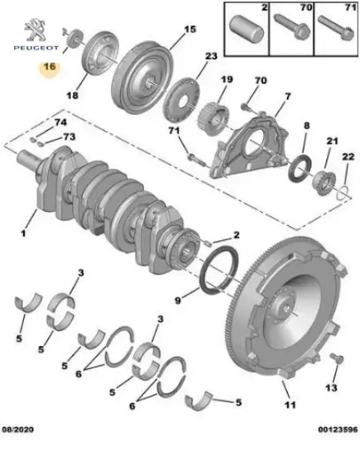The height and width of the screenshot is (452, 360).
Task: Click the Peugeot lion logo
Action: [35, 30]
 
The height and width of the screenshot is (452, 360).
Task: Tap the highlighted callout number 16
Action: [49, 67]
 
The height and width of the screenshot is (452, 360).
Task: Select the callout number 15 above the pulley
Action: [190, 30]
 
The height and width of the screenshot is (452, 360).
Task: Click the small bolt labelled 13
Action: [337, 358]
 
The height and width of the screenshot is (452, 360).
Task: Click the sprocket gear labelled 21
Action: [324, 182]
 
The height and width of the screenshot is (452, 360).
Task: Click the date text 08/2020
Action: [18, 430]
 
